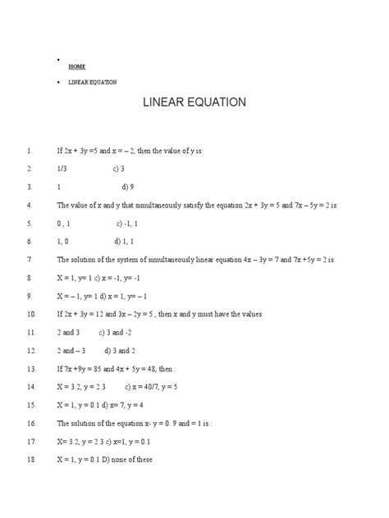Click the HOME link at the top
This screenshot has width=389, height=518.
click(x=77, y=66)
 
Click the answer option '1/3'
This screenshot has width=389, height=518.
click(x=62, y=169)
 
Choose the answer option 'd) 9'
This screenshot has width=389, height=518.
click(x=127, y=187)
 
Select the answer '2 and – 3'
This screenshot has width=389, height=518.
click(x=71, y=351)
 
